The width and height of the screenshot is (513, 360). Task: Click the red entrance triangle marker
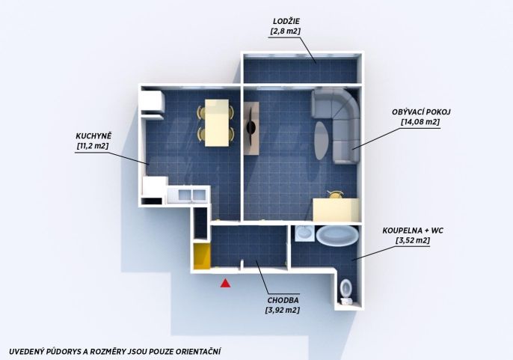click(225, 284)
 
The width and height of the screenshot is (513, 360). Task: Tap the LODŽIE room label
click(286, 21)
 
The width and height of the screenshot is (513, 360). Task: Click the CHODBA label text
click(283, 300)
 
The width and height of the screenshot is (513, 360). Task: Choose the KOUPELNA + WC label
click(413, 231)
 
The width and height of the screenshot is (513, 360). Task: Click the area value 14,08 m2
click(420, 122)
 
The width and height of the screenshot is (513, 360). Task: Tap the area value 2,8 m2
click(286, 31)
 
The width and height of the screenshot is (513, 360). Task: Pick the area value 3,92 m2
click(283, 310)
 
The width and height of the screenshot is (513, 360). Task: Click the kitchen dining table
click(217, 123)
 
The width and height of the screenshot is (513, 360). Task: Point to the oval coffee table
click(321, 140)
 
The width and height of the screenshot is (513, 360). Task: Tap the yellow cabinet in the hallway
click(202, 256)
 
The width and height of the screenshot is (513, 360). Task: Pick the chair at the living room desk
click(335, 195)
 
